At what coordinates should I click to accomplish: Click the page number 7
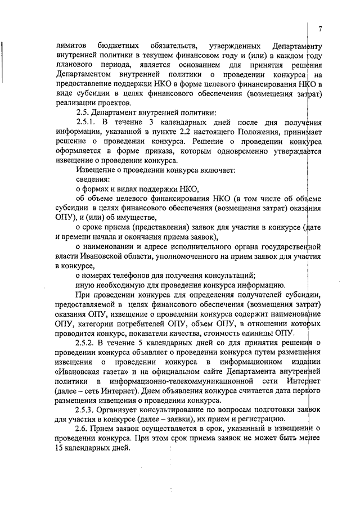(319, 29)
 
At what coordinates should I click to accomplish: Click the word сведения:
(92, 179)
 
